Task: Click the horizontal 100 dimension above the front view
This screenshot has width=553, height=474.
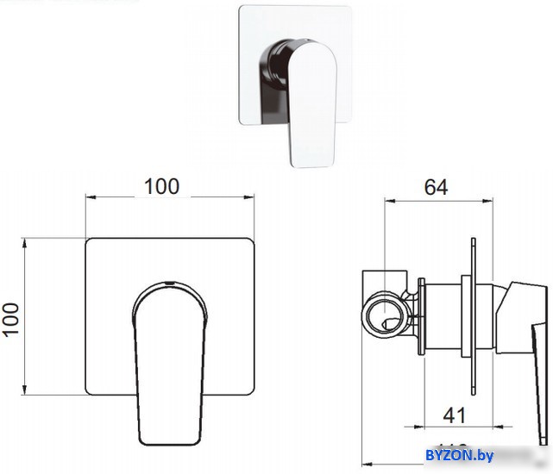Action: click(161, 185)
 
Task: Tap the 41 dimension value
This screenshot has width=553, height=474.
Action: click(454, 415)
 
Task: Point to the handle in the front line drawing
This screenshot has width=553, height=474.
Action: click(169, 353)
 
